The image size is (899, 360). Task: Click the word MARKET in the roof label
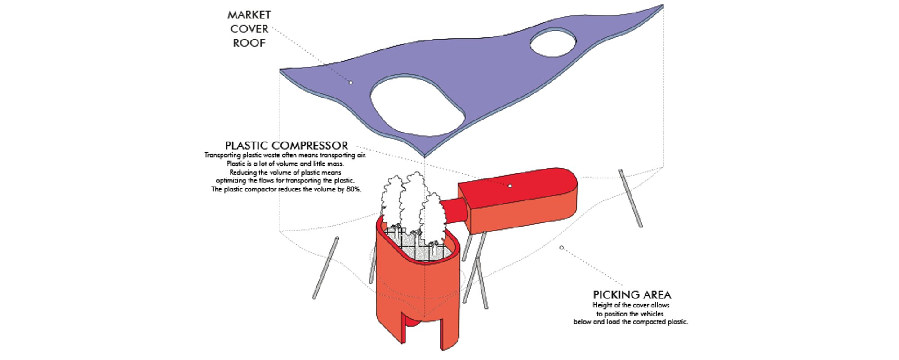pos(249,15)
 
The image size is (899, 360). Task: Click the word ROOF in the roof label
pos(249,43)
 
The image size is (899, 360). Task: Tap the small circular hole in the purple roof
pos(553,43)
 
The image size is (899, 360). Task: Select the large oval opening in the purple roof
pos(417,106)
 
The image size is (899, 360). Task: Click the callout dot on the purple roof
pos(351,82)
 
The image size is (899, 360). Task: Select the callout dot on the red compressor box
pos(510,186)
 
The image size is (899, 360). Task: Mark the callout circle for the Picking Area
pos(561,248)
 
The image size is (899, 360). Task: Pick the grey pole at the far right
pos(630,198)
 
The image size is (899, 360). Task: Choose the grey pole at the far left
pos(325,268)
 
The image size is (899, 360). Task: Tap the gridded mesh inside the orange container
pos(420,245)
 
